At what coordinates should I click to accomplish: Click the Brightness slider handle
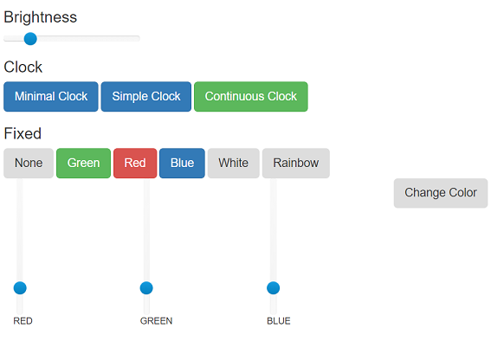[30, 39]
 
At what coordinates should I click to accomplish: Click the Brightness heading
[41, 17]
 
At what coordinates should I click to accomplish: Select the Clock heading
[23, 67]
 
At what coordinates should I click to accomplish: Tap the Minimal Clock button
[51, 96]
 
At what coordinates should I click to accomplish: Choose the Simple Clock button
[146, 96]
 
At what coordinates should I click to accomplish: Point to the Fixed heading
[23, 133]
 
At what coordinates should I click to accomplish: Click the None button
[29, 163]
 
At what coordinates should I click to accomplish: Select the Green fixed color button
[83, 163]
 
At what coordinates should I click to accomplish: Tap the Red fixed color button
[135, 163]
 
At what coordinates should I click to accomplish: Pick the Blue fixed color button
[182, 163]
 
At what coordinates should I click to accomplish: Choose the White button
[233, 163]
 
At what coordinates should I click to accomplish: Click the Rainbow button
[296, 163]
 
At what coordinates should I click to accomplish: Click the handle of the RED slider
[20, 288]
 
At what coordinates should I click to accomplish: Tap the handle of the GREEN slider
[146, 288]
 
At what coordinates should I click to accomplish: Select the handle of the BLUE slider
[273, 288]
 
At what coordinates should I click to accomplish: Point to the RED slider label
[23, 321]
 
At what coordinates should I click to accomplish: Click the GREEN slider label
[156, 321]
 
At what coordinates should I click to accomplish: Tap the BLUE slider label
[279, 321]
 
